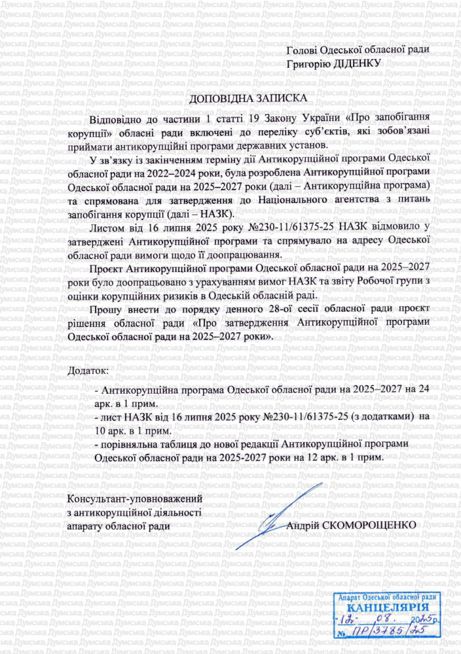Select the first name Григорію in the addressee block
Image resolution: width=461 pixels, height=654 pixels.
(310, 64)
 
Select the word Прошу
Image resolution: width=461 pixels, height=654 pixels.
(105, 310)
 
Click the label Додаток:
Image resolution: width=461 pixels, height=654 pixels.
(88, 371)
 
